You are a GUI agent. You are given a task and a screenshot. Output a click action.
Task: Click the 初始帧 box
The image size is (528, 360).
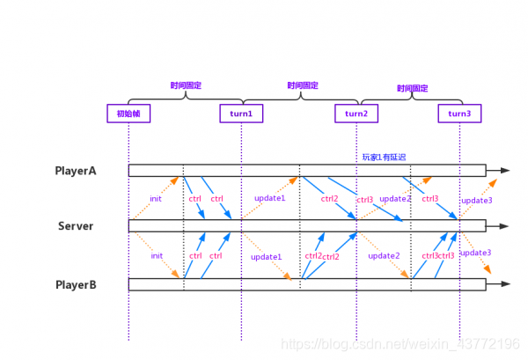(128, 114)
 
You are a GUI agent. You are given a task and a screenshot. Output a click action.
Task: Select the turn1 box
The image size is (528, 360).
(241, 114)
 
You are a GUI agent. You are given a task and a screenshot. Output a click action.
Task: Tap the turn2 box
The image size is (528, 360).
(356, 114)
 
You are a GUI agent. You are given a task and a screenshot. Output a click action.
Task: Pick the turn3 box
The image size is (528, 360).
(459, 114)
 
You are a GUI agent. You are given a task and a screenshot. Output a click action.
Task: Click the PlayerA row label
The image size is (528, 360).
(76, 171)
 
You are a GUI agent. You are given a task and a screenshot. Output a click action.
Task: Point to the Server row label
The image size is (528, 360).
(76, 226)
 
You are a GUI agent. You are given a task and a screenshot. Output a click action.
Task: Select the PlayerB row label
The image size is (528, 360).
(76, 284)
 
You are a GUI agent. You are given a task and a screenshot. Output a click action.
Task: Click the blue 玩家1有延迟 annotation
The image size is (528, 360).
(385, 158)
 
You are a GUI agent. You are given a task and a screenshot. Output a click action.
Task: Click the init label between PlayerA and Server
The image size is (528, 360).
(156, 199)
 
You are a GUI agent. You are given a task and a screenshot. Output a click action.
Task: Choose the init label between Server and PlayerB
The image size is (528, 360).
(157, 256)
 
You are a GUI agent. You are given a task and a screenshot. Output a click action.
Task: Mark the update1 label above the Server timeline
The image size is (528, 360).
(270, 198)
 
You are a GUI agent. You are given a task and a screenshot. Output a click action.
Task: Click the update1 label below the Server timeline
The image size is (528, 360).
(266, 257)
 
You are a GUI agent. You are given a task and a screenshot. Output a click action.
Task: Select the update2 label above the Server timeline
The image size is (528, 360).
(395, 199)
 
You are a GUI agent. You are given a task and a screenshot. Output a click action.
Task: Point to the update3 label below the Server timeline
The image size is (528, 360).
(476, 253)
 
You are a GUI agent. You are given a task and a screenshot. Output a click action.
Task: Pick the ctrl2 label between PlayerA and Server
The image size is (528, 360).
(329, 199)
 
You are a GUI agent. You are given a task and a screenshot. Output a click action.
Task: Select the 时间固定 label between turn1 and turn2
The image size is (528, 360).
(302, 85)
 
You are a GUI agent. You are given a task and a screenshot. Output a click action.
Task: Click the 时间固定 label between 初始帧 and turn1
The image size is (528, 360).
(186, 85)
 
